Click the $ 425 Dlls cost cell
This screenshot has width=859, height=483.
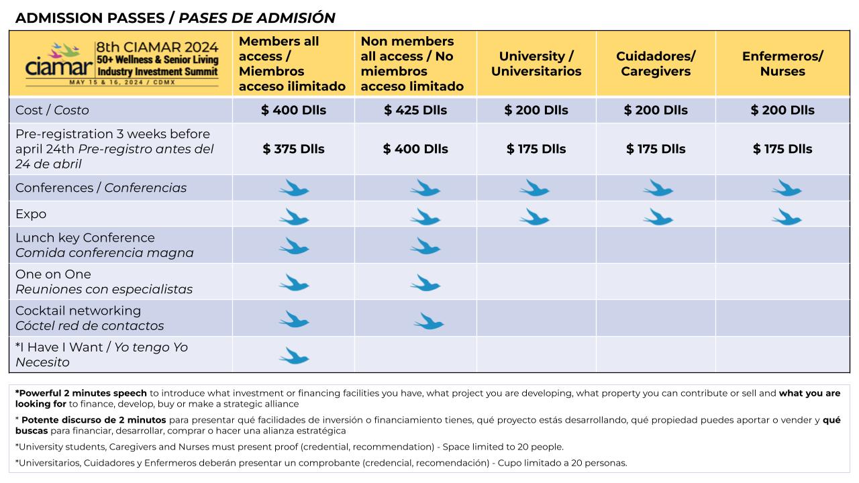tap(415, 110)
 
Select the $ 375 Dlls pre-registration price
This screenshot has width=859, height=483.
tap(293, 149)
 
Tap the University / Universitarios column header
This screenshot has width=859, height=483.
tap(536, 64)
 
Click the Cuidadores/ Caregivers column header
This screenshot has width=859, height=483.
tap(656, 64)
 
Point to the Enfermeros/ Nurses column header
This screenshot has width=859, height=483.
tap(782, 64)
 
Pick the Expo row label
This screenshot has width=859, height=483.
tap(31, 214)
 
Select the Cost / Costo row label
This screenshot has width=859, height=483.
tap(52, 110)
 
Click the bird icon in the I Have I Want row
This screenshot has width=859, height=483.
tap(294, 356)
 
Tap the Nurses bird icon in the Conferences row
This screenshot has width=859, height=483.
tap(787, 188)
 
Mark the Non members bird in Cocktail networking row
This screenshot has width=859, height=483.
tap(429, 321)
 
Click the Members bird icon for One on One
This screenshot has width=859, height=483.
tap(294, 282)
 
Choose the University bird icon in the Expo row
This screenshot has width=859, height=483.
tap(535, 217)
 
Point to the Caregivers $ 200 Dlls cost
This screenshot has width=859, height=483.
tap(656, 110)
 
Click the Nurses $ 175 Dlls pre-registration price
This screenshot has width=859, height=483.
tap(782, 149)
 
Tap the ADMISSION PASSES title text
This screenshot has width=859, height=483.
tap(90, 18)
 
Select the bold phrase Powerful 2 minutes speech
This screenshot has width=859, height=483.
tap(83, 393)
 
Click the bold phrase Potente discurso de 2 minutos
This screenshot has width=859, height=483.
tap(93, 420)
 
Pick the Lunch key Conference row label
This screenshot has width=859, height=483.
tap(85, 237)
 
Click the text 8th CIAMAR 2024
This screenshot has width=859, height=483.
tap(157, 47)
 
